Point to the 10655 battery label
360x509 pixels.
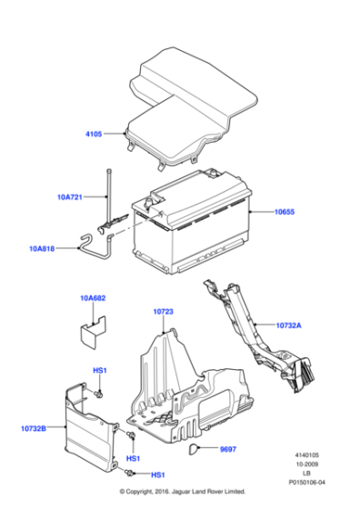click(x=286, y=211)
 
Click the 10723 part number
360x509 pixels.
click(x=164, y=311)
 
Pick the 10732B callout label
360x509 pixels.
click(x=34, y=427)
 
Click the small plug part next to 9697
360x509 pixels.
click(x=195, y=448)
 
